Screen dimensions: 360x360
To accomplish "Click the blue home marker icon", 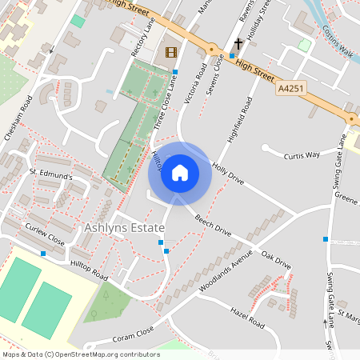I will pyautogui.click(x=180, y=173).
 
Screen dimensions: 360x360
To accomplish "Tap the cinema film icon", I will pyautogui.click(x=170, y=52).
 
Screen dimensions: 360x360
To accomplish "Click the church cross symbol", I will pyautogui.click(x=238, y=43).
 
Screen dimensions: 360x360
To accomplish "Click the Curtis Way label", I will pyautogui.click(x=302, y=154).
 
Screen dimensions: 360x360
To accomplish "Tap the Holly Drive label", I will pyautogui.click(x=228, y=174).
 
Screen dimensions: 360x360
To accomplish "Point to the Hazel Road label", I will pyautogui.click(x=246, y=318).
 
